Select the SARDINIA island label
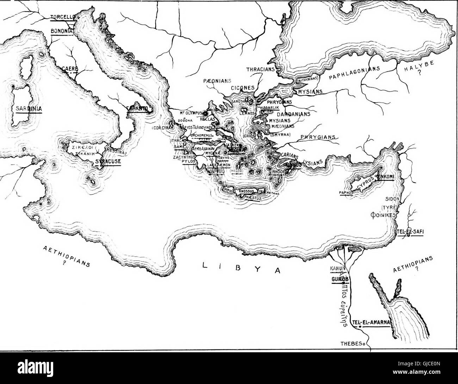click(29, 109)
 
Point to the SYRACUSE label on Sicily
click(108, 161)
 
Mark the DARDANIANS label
click(293, 114)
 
